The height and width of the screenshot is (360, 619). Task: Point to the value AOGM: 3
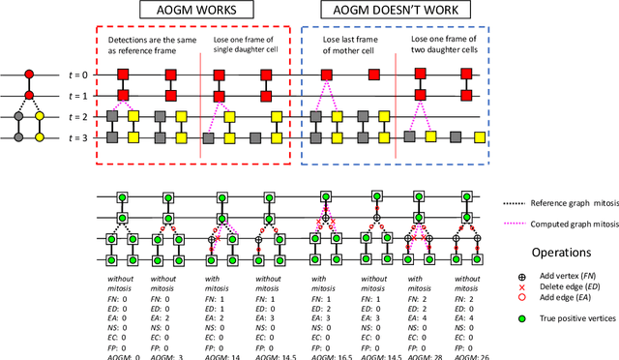(x=166, y=354)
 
